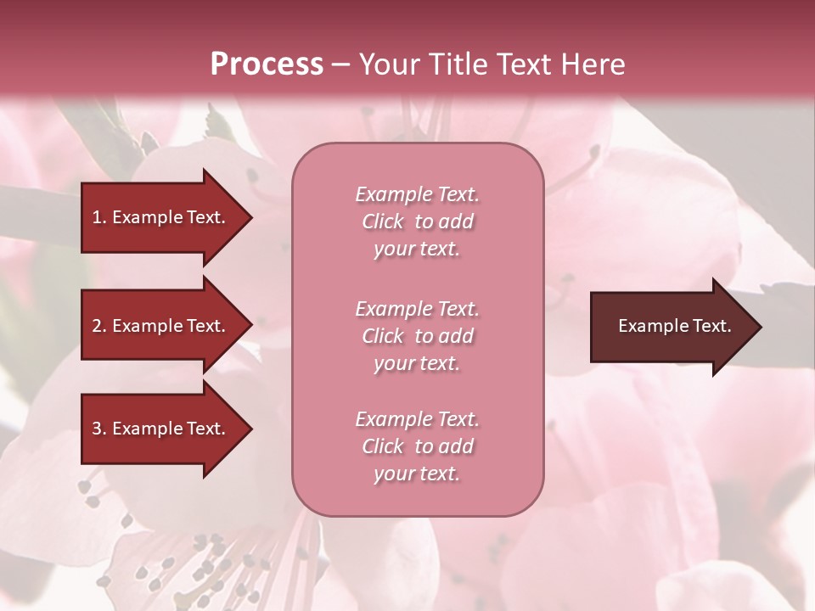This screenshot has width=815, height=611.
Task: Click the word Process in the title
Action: [x=267, y=64]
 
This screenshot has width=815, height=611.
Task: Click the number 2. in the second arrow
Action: [x=99, y=326]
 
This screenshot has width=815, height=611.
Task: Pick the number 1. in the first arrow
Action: [x=99, y=217]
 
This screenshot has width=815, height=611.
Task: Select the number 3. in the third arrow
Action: [x=99, y=429]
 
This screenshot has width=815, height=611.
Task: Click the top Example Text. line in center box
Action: [x=417, y=194]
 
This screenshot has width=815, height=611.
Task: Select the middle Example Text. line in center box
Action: [x=417, y=309]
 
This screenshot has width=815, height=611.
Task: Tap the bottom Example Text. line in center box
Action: [x=417, y=419]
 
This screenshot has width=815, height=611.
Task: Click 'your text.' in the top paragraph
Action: [x=417, y=249]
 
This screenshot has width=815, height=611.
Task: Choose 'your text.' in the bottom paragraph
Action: [x=417, y=474]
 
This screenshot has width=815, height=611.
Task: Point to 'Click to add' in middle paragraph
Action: [x=417, y=336]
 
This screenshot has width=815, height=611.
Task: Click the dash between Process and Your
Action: [x=340, y=65]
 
